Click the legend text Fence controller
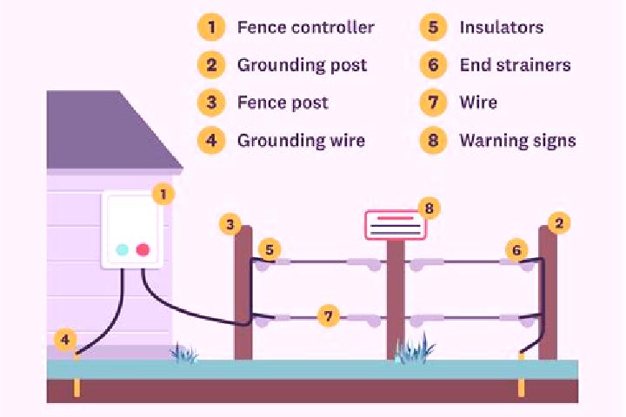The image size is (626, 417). (306, 28)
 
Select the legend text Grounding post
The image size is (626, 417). (302, 65)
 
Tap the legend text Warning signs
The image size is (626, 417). (518, 141)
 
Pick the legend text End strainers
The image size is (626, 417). (515, 65)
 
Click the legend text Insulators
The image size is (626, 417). (502, 28)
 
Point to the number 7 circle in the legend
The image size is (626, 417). (433, 103)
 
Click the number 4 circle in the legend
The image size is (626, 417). (211, 141)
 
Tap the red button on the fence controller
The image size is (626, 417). (143, 250)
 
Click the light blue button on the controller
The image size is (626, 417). (123, 250)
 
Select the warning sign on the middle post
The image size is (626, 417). (396, 226)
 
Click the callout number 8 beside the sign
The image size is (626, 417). (430, 208)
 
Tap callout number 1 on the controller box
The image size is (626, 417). (163, 195)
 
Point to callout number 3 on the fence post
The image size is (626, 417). (230, 225)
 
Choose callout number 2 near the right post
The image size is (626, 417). (559, 223)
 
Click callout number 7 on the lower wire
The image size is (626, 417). (328, 316)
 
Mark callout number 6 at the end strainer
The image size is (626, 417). (516, 250)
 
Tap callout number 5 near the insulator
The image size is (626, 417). (270, 250)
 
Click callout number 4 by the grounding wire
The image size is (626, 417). (65, 340)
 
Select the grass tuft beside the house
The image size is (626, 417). (183, 353)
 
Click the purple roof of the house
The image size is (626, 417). (108, 132)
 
